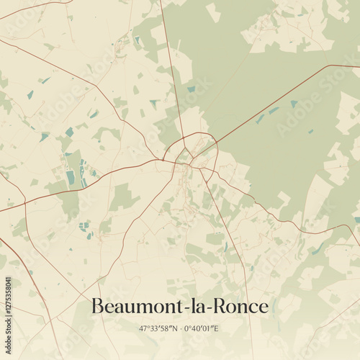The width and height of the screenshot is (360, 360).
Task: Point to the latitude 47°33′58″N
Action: coord(159,328)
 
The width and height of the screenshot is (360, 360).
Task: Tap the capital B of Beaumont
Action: coord(98,306)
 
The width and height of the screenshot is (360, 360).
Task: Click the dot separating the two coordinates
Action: coord(179,328)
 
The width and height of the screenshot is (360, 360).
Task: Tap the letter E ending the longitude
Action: coord(217,328)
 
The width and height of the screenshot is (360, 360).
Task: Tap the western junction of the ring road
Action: coord(165,159)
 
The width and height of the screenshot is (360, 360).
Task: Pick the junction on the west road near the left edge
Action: coord(25,203)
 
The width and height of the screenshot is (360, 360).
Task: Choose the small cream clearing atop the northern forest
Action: coord(213,12)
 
